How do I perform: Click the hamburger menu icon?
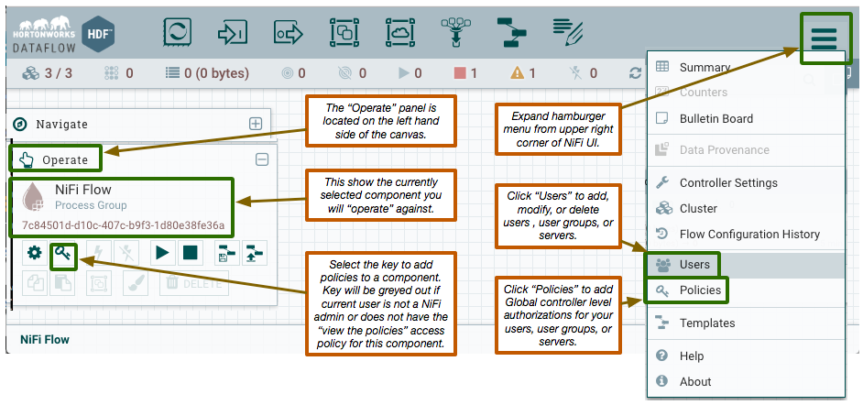pyautogui.click(x=824, y=38)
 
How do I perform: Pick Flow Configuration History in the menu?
pyautogui.click(x=737, y=234)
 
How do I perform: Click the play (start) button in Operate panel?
pyautogui.click(x=162, y=253)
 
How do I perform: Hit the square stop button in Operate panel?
pyautogui.click(x=191, y=253)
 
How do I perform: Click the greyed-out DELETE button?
pyautogui.click(x=194, y=283)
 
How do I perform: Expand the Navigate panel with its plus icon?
pyautogui.click(x=256, y=124)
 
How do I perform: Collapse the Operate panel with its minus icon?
pyautogui.click(x=262, y=159)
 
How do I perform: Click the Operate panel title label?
pyautogui.click(x=65, y=160)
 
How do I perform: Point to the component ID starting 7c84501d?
pyautogui.click(x=124, y=225)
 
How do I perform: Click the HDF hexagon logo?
pyautogui.click(x=98, y=34)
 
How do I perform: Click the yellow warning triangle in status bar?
pyautogui.click(x=517, y=72)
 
